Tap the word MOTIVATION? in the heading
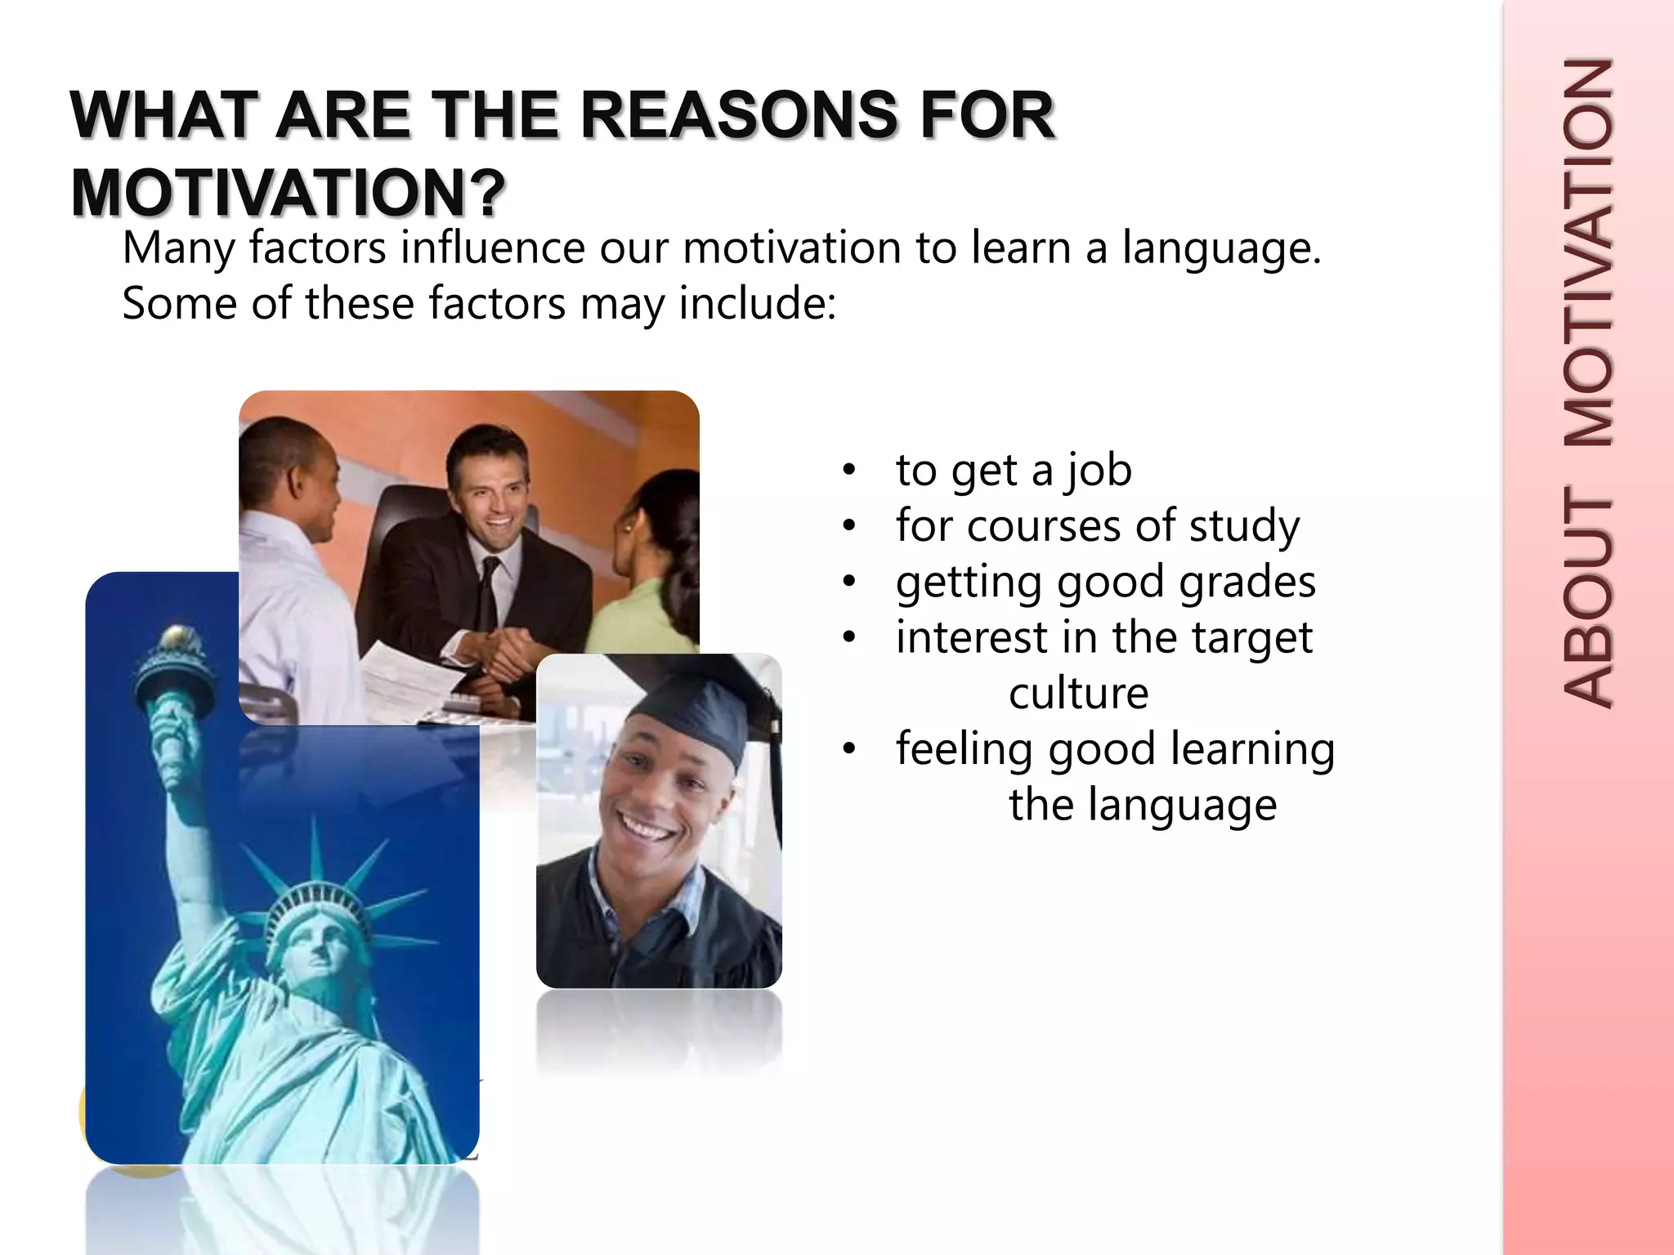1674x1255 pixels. pos(289,193)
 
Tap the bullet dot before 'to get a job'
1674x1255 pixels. pos(850,470)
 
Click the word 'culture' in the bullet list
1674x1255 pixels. pos(1078,694)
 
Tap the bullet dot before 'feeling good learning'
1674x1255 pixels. pos(850,748)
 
